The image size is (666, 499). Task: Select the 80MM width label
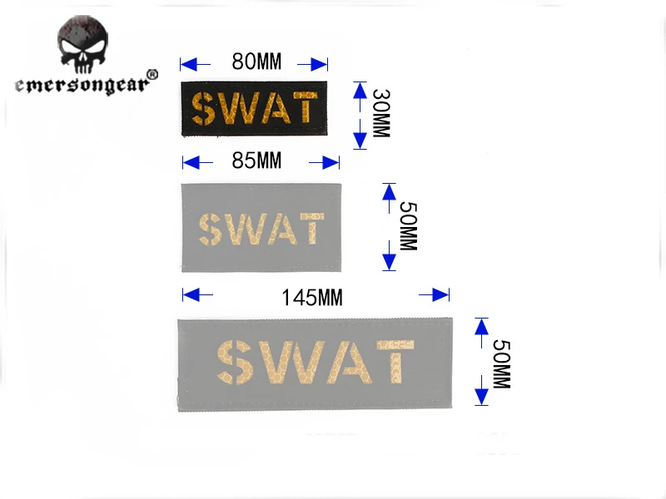tap(257, 62)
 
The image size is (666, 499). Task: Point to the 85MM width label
tap(257, 160)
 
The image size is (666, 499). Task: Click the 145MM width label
tap(312, 296)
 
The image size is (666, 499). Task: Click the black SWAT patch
tap(254, 109)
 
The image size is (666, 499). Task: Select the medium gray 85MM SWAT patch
tap(261, 227)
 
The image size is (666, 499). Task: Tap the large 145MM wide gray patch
tap(316, 364)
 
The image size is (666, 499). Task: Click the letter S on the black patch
tap(202, 109)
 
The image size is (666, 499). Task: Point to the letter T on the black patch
tap(306, 109)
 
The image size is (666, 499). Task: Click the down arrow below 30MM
tap(360, 135)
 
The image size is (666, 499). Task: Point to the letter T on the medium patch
tap(311, 229)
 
